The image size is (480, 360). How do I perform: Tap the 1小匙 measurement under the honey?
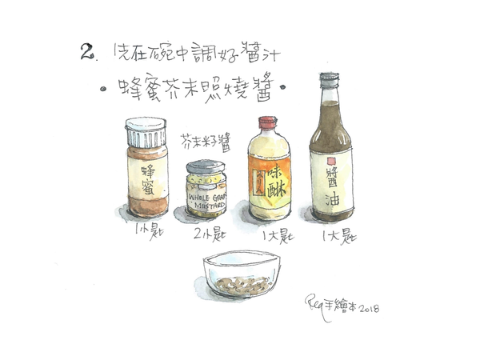pyautogui.click(x=149, y=234)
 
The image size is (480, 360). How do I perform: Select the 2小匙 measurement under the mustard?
pyautogui.click(x=204, y=235)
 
